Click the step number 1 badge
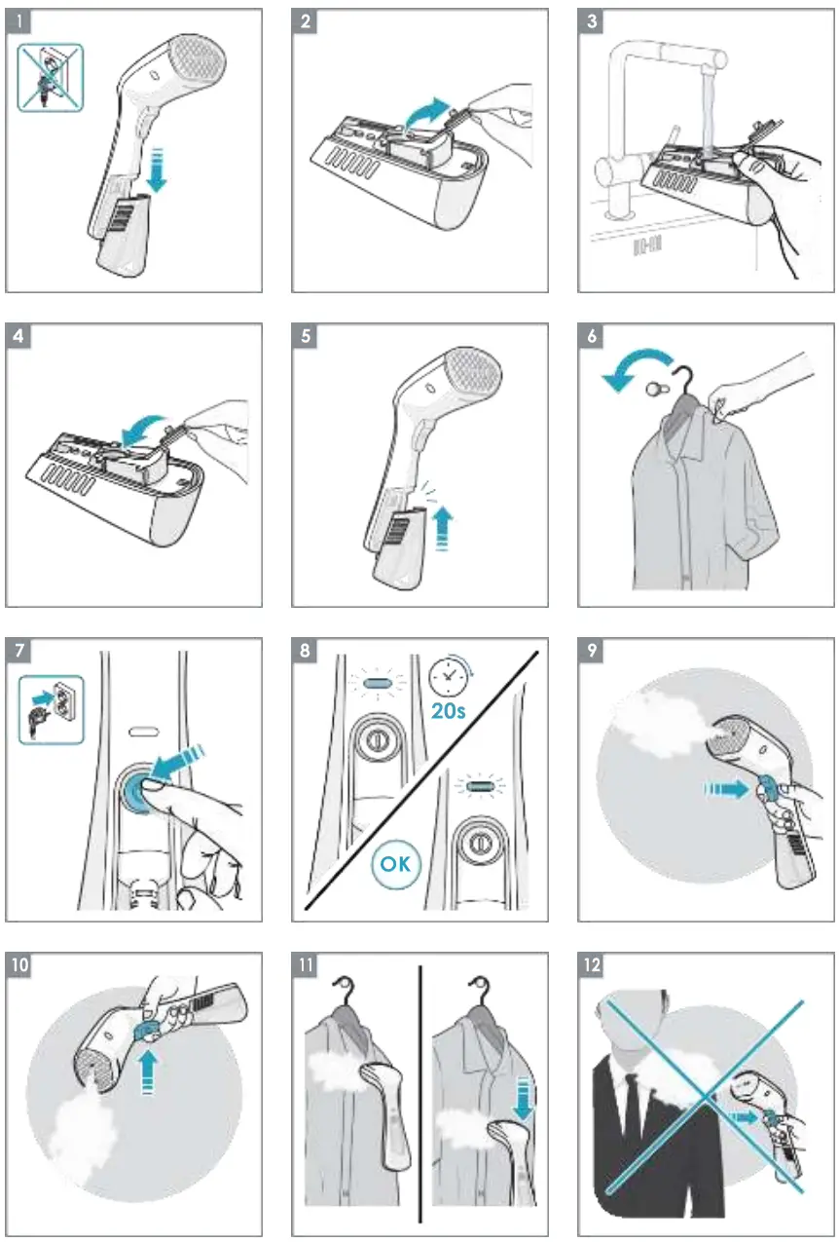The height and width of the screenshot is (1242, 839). pos(20,20)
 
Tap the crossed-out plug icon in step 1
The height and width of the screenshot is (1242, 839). pos(51,77)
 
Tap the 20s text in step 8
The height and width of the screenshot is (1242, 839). pos(448,711)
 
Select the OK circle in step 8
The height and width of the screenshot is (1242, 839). pos(397,864)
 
